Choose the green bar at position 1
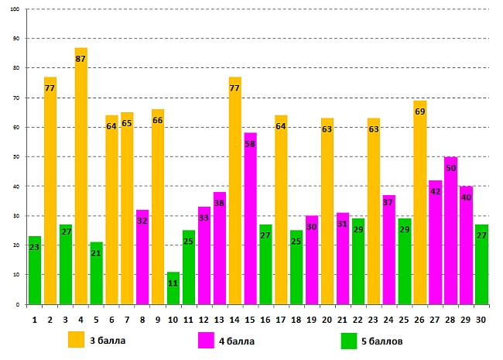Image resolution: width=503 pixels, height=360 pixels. pyautogui.click(x=35, y=270)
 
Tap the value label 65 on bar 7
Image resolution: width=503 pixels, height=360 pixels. pyautogui.click(x=127, y=123)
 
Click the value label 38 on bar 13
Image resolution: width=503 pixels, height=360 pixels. pyautogui.click(x=219, y=204)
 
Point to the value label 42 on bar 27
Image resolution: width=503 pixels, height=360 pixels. pyautogui.click(x=435, y=191)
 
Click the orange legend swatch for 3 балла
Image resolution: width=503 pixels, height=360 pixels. pyautogui.click(x=76, y=340)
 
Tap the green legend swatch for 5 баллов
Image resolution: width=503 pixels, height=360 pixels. pyautogui.click(x=350, y=340)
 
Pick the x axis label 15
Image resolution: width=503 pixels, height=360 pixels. pyautogui.click(x=250, y=318)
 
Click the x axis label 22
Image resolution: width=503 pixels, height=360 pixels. pyautogui.click(x=358, y=318)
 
